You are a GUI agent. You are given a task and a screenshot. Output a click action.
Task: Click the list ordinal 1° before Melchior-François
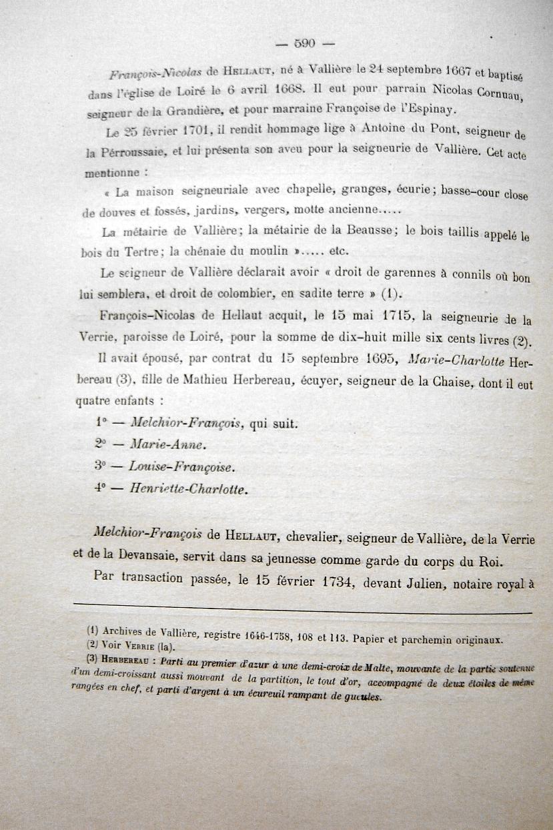pos(101,422)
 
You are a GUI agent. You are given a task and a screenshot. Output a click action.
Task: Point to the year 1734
pos(342,580)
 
